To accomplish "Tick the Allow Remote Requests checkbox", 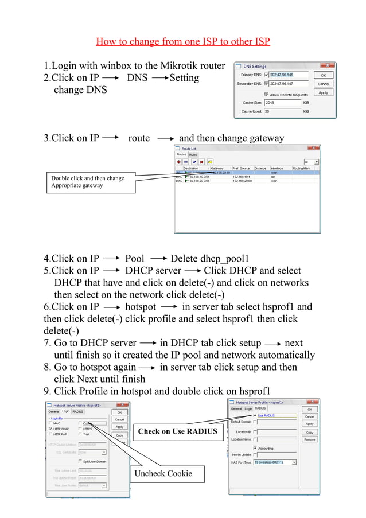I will tap(266, 94).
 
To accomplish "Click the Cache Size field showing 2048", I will tap(281, 103).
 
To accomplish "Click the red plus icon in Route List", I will tap(178, 162).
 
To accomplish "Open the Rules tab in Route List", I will tap(193, 154).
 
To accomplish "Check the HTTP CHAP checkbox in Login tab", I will tap(51, 429).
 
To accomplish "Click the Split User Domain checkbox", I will tap(80, 461).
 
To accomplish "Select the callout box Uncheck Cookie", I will tap(162, 473).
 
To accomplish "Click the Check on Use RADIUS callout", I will tap(177, 431).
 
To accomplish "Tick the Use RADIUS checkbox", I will tap(255, 415).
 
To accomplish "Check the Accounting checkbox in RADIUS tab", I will tap(255, 448).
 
